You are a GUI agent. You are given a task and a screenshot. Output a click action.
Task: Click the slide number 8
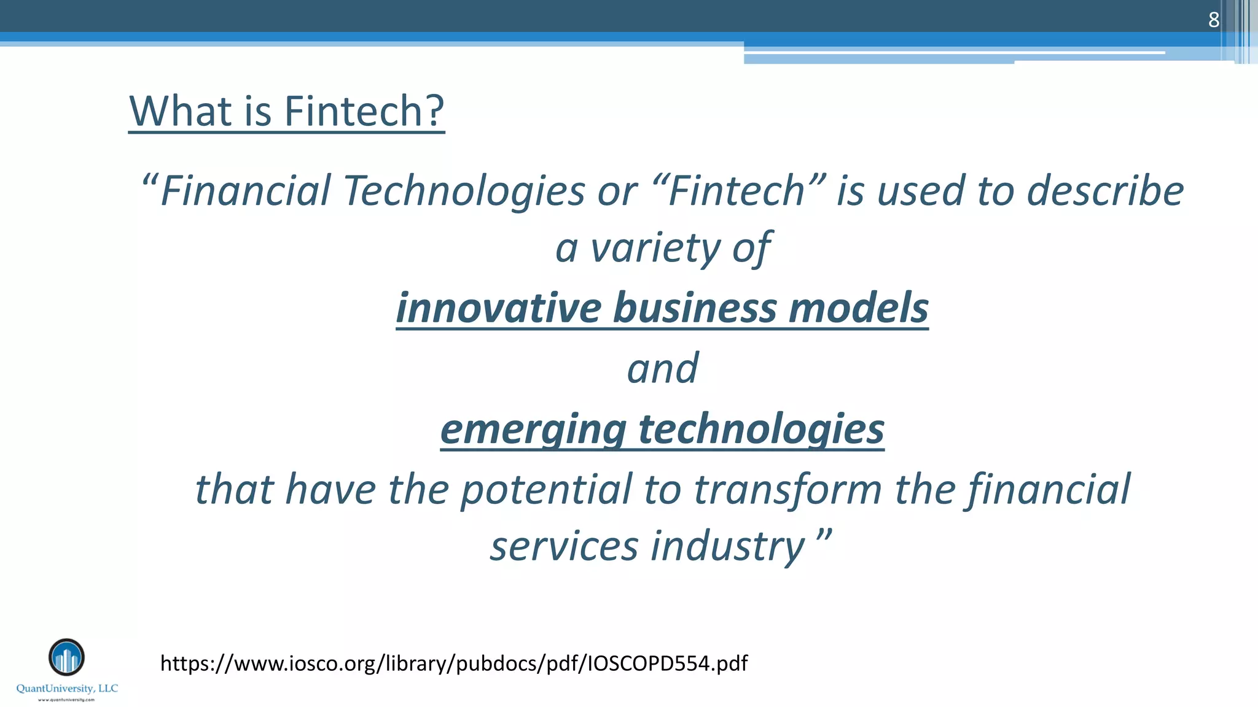pos(1213,20)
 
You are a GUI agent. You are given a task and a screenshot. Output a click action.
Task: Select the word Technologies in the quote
pos(464,190)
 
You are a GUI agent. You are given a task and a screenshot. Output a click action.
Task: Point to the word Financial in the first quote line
pos(246,190)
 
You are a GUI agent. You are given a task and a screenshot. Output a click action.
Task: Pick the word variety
pos(655,248)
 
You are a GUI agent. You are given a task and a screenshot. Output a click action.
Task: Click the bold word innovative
pos(498,307)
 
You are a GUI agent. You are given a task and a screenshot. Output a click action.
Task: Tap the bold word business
pos(695,307)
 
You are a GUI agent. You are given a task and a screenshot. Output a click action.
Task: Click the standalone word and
pos(662,368)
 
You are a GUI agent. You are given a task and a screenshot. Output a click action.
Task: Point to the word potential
pos(546,490)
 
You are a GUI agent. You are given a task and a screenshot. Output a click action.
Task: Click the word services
pos(564,546)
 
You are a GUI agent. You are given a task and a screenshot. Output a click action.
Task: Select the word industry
pos(727,546)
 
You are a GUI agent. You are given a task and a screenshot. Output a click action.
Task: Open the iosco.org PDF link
pos(454,663)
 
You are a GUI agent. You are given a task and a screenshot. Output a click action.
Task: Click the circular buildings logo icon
pos(66,657)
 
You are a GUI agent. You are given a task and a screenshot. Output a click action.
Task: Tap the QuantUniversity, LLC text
pos(67,689)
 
